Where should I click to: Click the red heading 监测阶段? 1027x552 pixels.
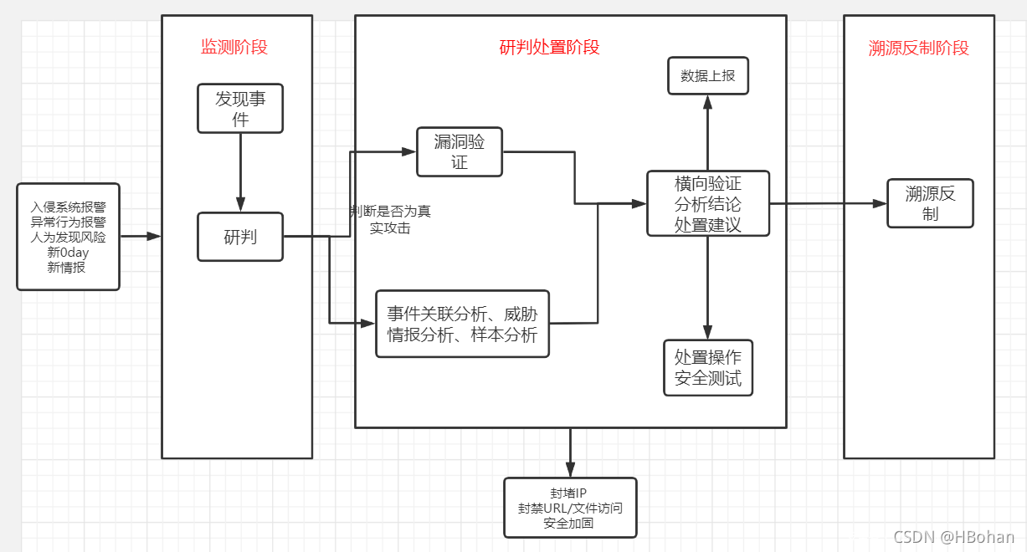(234, 47)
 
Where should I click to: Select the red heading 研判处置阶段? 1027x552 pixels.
(549, 47)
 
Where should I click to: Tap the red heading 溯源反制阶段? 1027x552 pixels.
(918, 48)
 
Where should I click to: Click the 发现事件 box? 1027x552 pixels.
(240, 109)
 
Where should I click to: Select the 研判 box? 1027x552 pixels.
(240, 237)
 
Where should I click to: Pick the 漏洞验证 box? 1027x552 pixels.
(460, 151)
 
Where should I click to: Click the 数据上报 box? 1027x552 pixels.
(707, 75)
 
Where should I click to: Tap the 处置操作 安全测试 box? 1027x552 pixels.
(707, 367)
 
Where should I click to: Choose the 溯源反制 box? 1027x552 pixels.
(930, 203)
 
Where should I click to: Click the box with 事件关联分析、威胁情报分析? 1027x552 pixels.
(462, 324)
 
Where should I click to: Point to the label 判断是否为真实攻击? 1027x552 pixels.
(391, 219)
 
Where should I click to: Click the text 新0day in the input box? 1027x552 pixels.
(68, 253)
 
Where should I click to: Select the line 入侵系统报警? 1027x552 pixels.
(68, 207)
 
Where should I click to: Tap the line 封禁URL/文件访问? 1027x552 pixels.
(570, 508)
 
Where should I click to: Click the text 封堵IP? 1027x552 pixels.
(570, 493)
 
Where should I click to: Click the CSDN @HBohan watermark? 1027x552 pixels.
(953, 537)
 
